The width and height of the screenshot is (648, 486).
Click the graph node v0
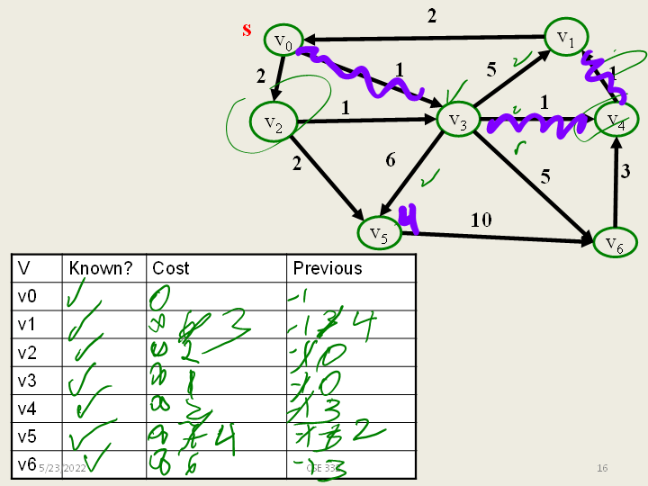tap(283, 41)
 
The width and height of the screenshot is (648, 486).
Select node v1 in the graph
tap(565, 37)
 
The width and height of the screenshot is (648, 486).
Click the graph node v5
tap(378, 233)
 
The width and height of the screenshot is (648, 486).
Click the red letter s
tap(247, 30)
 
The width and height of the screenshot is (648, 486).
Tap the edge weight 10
tap(481, 220)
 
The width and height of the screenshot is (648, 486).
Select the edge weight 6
tap(390, 160)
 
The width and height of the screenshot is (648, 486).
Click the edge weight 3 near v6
tap(625, 172)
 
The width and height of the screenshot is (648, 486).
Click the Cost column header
tap(170, 268)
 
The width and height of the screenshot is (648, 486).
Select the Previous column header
tap(328, 268)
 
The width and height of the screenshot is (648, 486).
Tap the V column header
tap(24, 268)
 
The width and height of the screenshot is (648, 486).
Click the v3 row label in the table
tap(29, 380)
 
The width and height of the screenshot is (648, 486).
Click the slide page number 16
tap(602, 468)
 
